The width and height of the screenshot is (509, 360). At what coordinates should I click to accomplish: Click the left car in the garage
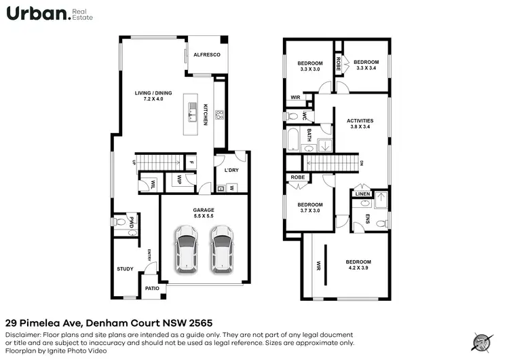point(185,247)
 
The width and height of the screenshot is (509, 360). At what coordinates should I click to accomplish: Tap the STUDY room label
point(125,269)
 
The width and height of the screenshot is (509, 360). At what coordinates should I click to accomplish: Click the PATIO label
point(152,289)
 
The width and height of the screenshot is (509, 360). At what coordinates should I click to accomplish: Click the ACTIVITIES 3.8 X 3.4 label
point(360,124)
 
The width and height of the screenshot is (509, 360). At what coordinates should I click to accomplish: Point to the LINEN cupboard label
point(362,194)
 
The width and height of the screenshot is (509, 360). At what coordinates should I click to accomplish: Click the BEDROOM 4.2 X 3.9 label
point(358,265)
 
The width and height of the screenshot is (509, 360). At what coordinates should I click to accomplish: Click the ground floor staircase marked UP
point(160,162)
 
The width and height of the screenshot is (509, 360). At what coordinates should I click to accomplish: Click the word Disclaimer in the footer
point(22,334)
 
